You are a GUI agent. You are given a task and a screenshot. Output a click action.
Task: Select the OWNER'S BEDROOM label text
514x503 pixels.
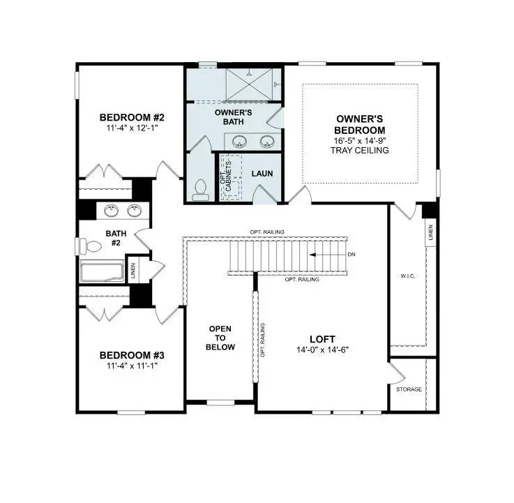(x=360, y=125)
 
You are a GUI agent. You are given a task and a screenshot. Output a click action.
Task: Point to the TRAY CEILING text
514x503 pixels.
(x=360, y=151)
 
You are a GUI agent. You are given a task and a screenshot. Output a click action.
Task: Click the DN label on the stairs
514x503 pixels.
(x=352, y=255)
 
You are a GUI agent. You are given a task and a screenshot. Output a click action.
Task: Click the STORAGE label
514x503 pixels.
(x=409, y=389)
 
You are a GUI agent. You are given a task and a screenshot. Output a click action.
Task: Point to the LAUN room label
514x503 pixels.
(x=262, y=174)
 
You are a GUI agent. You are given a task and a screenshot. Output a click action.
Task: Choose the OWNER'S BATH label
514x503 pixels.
(x=233, y=117)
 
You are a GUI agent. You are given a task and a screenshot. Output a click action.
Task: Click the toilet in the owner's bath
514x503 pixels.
(x=202, y=187)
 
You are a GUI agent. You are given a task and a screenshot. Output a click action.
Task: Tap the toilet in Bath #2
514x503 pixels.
(x=90, y=245)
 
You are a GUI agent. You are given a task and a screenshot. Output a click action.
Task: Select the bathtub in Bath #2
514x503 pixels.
(x=102, y=271)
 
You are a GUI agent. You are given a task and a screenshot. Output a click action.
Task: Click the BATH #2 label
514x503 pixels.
(x=114, y=239)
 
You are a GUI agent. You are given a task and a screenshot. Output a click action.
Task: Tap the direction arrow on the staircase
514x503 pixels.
(x=328, y=255)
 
